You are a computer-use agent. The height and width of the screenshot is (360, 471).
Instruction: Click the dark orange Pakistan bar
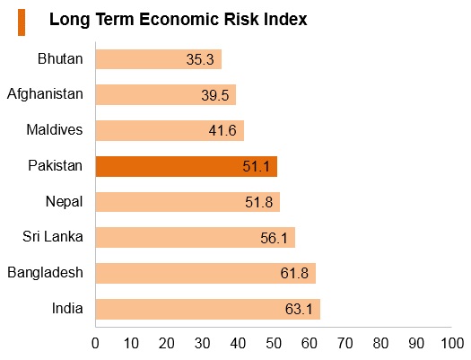[187, 166]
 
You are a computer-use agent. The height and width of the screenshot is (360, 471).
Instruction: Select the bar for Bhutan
[159, 59]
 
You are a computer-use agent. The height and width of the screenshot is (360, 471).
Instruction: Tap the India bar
[208, 309]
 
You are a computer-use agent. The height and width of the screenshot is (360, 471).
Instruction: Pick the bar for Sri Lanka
[196, 237]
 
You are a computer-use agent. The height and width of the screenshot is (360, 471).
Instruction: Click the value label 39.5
[215, 95]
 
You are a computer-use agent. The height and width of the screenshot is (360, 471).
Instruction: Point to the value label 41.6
[222, 131]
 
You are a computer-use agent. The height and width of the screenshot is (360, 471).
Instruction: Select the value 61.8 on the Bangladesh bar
[294, 273]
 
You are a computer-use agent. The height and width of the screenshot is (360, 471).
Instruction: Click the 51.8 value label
[259, 202]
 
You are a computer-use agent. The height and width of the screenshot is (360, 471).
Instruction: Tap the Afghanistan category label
[45, 94]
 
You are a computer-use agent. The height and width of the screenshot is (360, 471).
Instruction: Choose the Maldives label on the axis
[55, 130]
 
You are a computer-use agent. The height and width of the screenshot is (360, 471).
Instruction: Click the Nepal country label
[64, 202]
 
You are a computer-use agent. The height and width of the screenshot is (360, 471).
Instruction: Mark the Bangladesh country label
[45, 273]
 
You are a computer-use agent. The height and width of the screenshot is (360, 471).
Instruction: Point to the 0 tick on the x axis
[95, 343]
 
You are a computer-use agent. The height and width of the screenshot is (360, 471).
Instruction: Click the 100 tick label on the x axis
[452, 343]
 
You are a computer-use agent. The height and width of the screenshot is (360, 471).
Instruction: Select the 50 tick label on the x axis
[274, 343]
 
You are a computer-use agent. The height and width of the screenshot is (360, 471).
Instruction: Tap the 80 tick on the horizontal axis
[380, 343]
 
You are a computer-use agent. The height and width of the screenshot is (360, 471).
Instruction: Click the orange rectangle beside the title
[22, 22]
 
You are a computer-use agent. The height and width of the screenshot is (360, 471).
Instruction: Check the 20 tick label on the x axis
[166, 343]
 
